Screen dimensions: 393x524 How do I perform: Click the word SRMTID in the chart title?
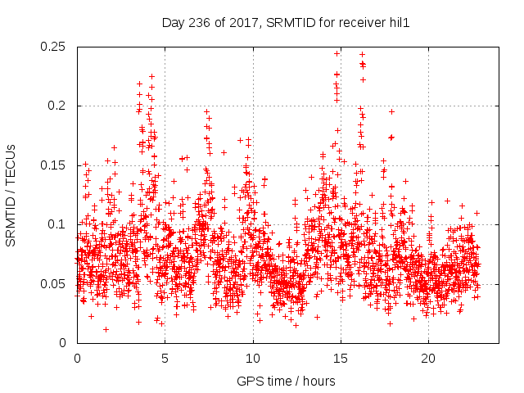[288, 24]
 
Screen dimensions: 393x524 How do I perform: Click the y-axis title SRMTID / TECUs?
[11, 195]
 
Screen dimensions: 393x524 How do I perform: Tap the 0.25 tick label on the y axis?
[54, 47]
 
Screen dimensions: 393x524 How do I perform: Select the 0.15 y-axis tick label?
[54, 165]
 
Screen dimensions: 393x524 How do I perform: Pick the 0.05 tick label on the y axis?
[54, 284]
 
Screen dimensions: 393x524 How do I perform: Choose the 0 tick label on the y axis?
[65, 343]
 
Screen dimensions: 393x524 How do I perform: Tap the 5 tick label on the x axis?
[165, 358]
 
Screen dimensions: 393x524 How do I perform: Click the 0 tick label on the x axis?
[77, 358]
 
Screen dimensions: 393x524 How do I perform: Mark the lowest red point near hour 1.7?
[106, 329]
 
